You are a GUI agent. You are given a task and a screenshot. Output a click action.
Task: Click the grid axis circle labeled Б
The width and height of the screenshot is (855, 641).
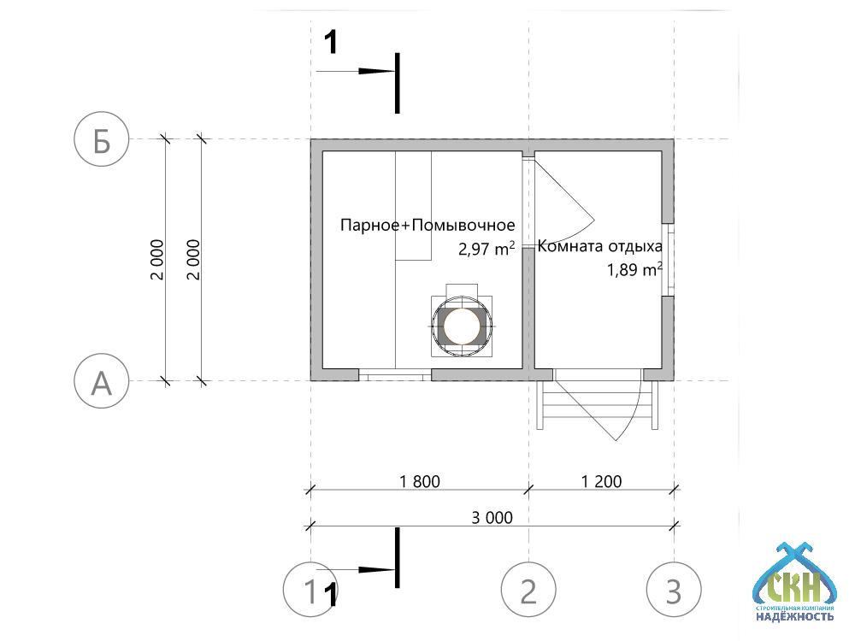(x=102, y=140)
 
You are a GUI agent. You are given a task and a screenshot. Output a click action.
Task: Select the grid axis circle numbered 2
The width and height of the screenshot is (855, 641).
(x=529, y=590)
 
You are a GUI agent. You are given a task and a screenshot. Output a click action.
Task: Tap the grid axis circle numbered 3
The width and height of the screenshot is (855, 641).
(x=675, y=590)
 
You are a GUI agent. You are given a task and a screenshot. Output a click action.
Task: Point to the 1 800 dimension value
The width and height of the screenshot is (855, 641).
(x=419, y=481)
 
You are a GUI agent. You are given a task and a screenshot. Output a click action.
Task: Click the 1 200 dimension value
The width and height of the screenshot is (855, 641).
(x=601, y=481)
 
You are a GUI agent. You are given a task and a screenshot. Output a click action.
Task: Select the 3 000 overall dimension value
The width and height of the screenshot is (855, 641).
(x=492, y=517)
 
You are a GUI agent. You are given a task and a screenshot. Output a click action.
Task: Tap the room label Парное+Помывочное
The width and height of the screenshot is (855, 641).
(x=427, y=226)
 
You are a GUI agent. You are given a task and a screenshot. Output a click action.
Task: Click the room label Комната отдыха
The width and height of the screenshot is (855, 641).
(x=600, y=247)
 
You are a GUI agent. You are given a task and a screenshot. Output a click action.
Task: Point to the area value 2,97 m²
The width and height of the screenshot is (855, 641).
(x=486, y=250)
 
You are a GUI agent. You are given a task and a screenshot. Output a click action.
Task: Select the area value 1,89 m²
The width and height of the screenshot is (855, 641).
(x=635, y=271)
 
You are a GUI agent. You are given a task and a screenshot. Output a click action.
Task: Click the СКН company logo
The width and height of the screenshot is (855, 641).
(x=794, y=581)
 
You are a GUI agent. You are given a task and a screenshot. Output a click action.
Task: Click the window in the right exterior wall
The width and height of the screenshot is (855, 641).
(x=670, y=259)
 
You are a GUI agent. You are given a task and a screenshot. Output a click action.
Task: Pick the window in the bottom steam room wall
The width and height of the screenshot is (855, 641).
(x=394, y=375)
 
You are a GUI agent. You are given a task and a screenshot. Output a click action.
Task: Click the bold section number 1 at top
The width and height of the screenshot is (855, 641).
(x=333, y=40)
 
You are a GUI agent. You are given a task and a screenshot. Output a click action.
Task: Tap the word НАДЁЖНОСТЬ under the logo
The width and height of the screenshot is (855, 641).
(x=794, y=615)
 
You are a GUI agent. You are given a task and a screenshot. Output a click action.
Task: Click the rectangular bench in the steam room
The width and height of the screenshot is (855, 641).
(x=413, y=205)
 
